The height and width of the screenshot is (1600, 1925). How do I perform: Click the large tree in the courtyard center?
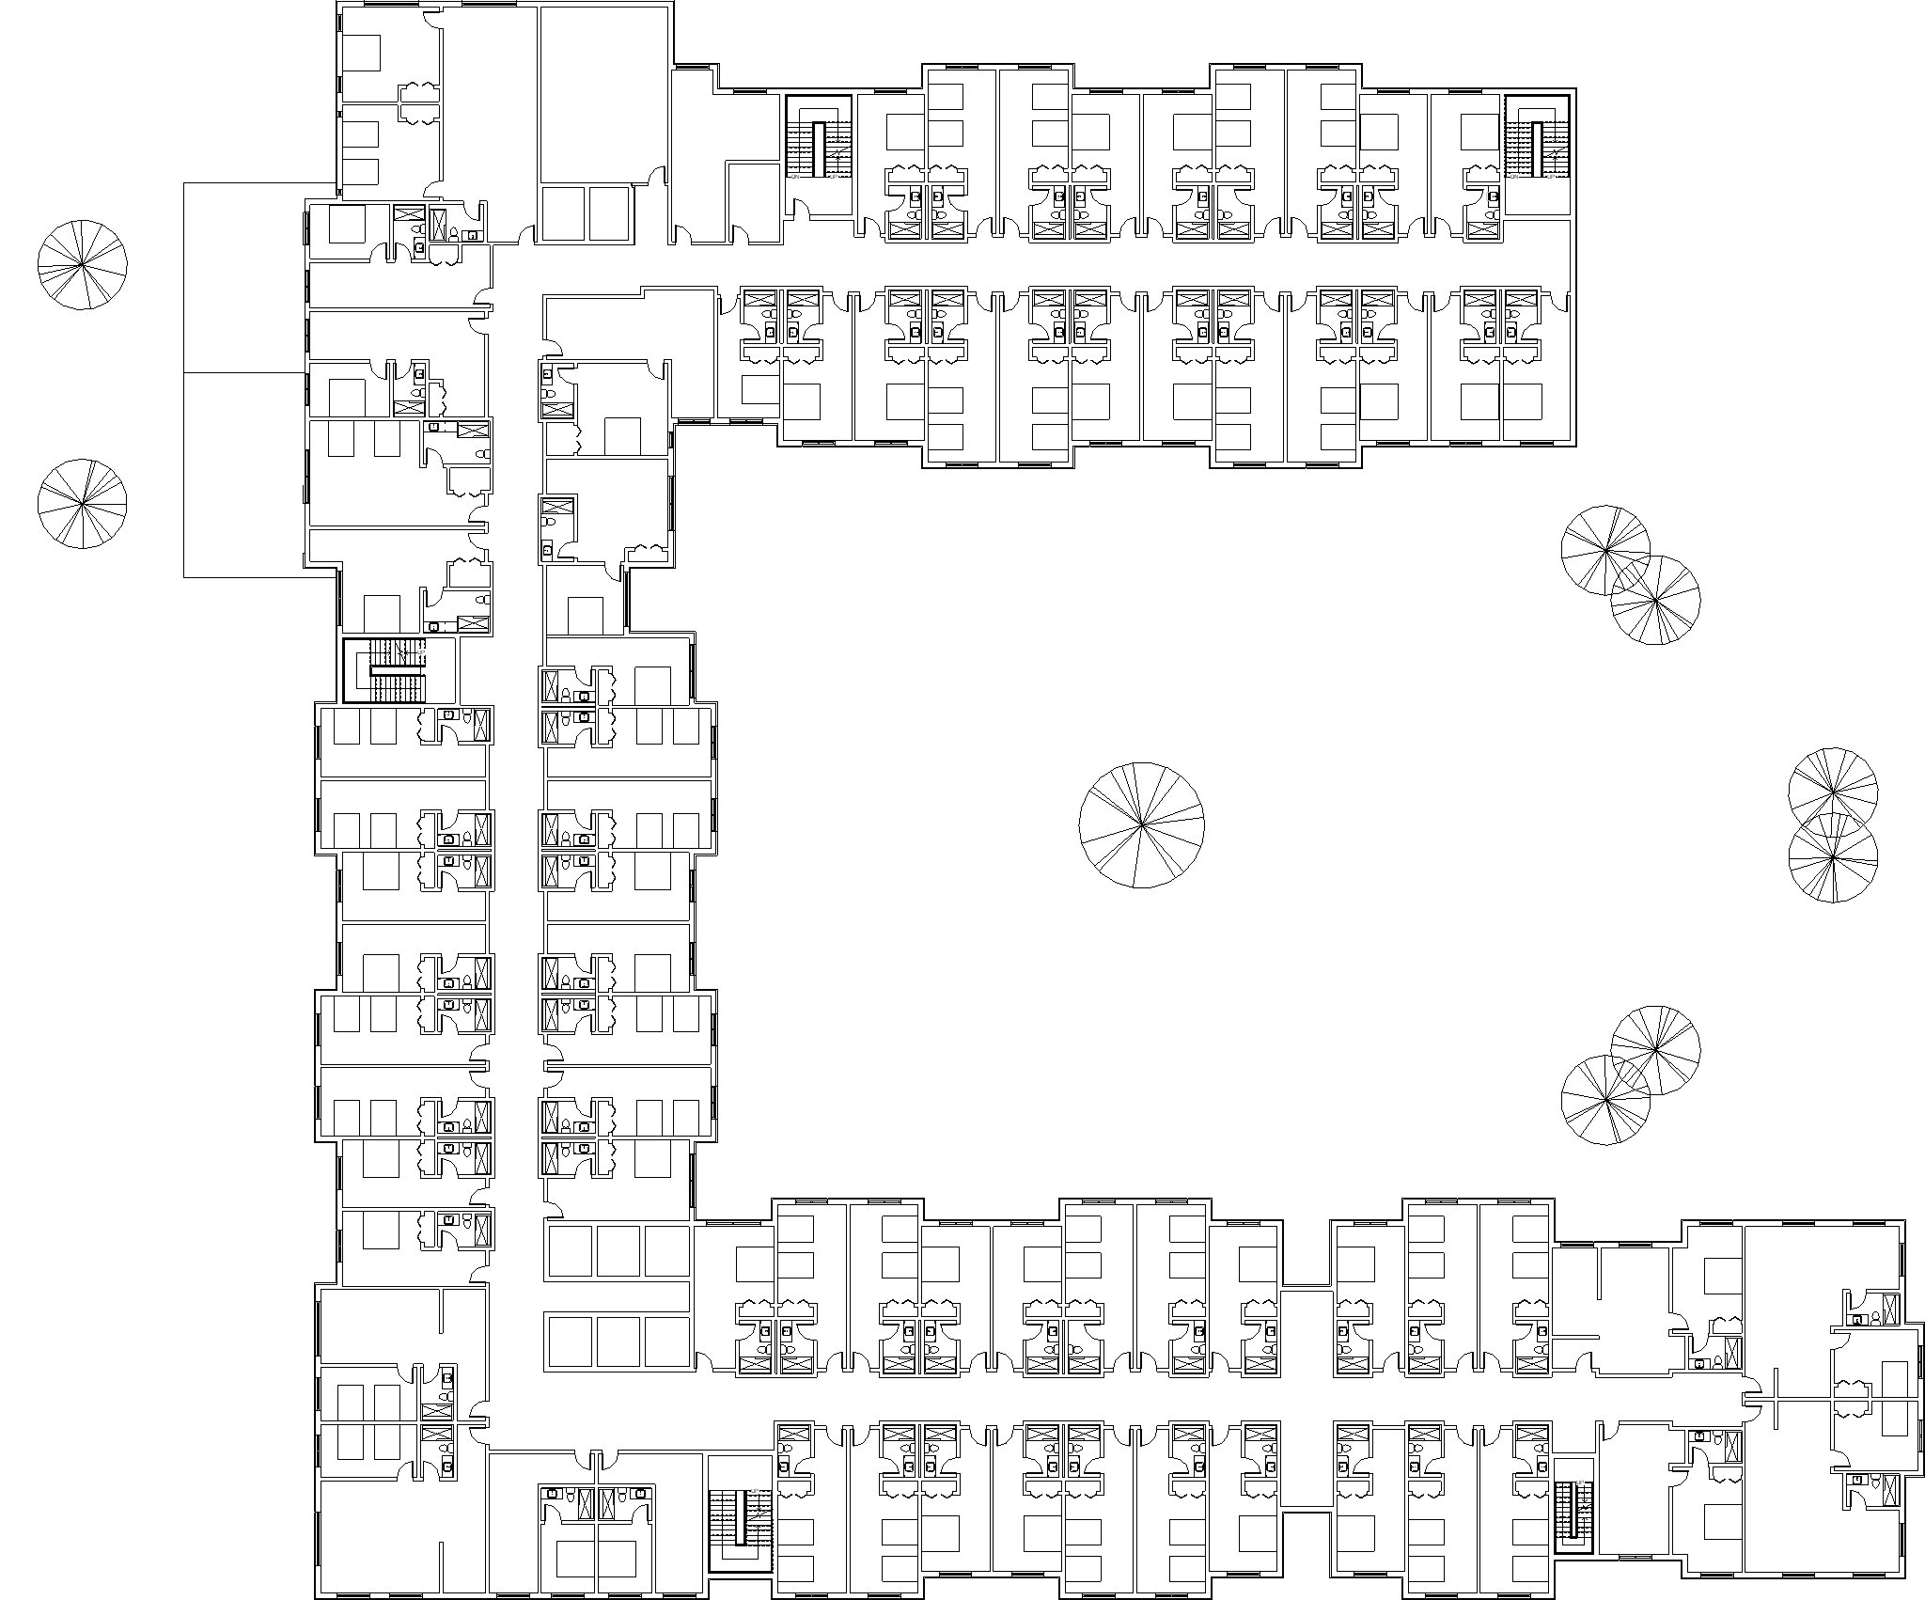(1141, 825)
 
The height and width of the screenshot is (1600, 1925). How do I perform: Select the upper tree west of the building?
(82, 265)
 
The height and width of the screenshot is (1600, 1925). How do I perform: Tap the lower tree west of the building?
(82, 504)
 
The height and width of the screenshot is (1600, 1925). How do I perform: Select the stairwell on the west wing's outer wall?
(384, 670)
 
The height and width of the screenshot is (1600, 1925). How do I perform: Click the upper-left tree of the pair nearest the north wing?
(1605, 550)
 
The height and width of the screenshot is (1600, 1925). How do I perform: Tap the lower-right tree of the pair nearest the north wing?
(1655, 600)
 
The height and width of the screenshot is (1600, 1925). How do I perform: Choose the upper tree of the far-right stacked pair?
(1833, 792)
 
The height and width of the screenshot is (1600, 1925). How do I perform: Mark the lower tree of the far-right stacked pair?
(1833, 858)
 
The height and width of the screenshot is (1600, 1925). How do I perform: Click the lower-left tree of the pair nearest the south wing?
(1605, 1099)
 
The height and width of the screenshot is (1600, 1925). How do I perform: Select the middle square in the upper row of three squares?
(618, 1250)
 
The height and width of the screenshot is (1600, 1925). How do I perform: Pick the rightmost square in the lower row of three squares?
(667, 1341)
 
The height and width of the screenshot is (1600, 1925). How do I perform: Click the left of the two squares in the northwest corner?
(561, 212)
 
